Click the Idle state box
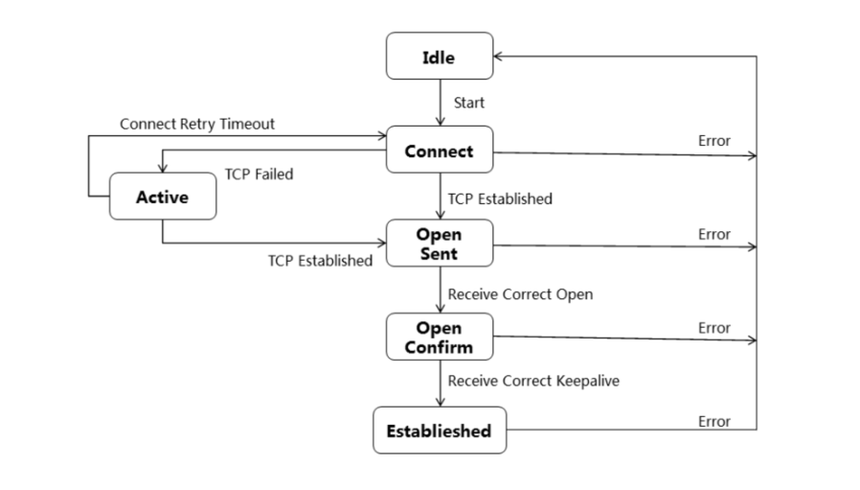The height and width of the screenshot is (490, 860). [x=439, y=57]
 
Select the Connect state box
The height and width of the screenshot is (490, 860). [x=439, y=151]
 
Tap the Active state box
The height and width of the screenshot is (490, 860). [x=162, y=197]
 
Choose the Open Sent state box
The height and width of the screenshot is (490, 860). [x=439, y=244]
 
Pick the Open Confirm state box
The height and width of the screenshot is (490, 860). [x=439, y=338]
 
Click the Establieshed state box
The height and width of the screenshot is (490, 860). [x=439, y=431]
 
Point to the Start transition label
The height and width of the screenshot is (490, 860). [x=468, y=103]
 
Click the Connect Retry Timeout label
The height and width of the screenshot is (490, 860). [x=197, y=125]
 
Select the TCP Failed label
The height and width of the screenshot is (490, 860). [x=259, y=175]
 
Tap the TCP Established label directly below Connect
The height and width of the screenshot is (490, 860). [x=500, y=199]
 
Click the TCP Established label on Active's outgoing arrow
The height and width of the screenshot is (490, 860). [x=320, y=261]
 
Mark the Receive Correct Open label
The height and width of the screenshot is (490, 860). [x=520, y=294]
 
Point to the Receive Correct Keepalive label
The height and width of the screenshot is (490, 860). [x=533, y=381]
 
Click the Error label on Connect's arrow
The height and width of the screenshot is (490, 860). [x=713, y=141]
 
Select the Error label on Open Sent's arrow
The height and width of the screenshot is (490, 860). [x=713, y=234]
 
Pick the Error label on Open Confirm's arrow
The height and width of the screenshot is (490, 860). [x=713, y=328]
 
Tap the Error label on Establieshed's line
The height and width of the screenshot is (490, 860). [x=713, y=421]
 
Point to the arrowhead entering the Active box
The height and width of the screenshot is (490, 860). [x=162, y=168]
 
